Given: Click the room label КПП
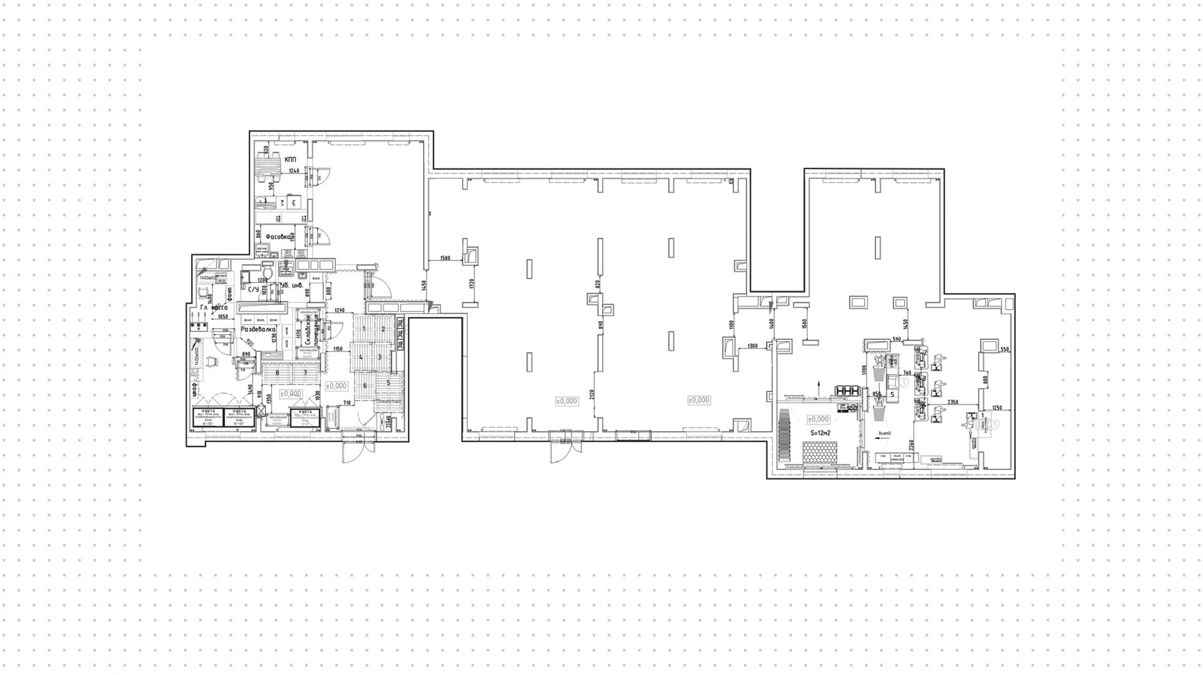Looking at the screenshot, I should coord(290,160).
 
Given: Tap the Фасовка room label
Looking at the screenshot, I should coord(278,237).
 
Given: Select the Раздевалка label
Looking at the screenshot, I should coord(259,329).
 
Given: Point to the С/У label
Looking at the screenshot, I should coord(253,290).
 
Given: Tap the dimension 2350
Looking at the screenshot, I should coord(954,402).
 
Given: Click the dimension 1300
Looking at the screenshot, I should coord(753,346).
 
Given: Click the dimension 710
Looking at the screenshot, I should coord(346,404).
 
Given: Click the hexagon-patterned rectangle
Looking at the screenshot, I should coord(821,452).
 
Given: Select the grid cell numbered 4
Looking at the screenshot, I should coord(361,358).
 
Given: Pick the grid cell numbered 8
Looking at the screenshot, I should coord(276,373).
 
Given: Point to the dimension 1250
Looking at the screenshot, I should coord(997,408).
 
